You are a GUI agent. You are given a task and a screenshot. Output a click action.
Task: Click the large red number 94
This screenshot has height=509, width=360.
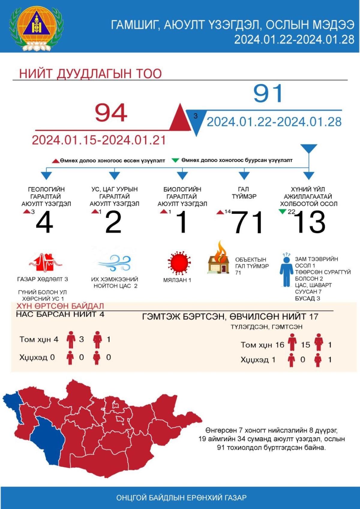(111, 113)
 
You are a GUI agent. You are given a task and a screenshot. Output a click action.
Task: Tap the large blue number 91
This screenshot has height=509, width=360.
(268, 93)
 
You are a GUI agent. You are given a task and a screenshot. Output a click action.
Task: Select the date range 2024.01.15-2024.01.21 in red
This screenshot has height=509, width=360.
(99, 140)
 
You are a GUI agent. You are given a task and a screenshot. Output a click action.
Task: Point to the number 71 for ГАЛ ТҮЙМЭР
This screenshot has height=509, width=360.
(249, 222)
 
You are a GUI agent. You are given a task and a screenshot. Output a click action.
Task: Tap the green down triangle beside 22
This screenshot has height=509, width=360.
(282, 212)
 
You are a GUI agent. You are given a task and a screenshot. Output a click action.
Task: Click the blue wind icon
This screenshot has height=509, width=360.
(115, 263)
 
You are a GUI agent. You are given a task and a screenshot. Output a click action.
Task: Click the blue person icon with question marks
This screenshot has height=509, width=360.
(286, 270)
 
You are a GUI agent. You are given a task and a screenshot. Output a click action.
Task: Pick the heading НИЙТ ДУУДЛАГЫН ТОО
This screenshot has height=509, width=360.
(90, 74)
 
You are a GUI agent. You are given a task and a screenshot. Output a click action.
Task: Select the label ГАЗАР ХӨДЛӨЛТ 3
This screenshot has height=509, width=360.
(43, 279)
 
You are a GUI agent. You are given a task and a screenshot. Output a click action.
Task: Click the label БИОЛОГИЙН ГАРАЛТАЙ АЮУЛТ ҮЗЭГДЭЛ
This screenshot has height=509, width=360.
(182, 196)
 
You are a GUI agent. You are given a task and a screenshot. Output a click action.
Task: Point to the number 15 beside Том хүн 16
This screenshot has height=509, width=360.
(305, 345)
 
